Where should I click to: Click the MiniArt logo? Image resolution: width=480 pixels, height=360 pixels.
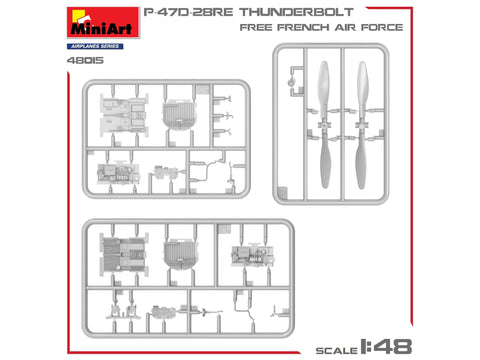coord(103,22)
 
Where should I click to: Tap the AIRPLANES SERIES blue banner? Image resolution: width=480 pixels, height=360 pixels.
coord(95,46)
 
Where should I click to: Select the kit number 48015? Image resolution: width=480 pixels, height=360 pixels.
coord(85,60)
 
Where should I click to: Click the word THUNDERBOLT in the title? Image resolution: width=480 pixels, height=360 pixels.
coord(296,12)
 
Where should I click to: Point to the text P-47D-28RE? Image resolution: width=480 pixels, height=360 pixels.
coord(188,12)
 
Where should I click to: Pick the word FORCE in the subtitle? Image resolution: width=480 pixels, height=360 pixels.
coord(382,27)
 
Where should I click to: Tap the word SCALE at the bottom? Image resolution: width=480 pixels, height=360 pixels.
coord(336,350)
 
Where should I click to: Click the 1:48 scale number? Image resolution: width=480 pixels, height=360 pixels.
coord(386,347)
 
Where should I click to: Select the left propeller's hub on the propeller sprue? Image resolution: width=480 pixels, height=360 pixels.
coord(324,125)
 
